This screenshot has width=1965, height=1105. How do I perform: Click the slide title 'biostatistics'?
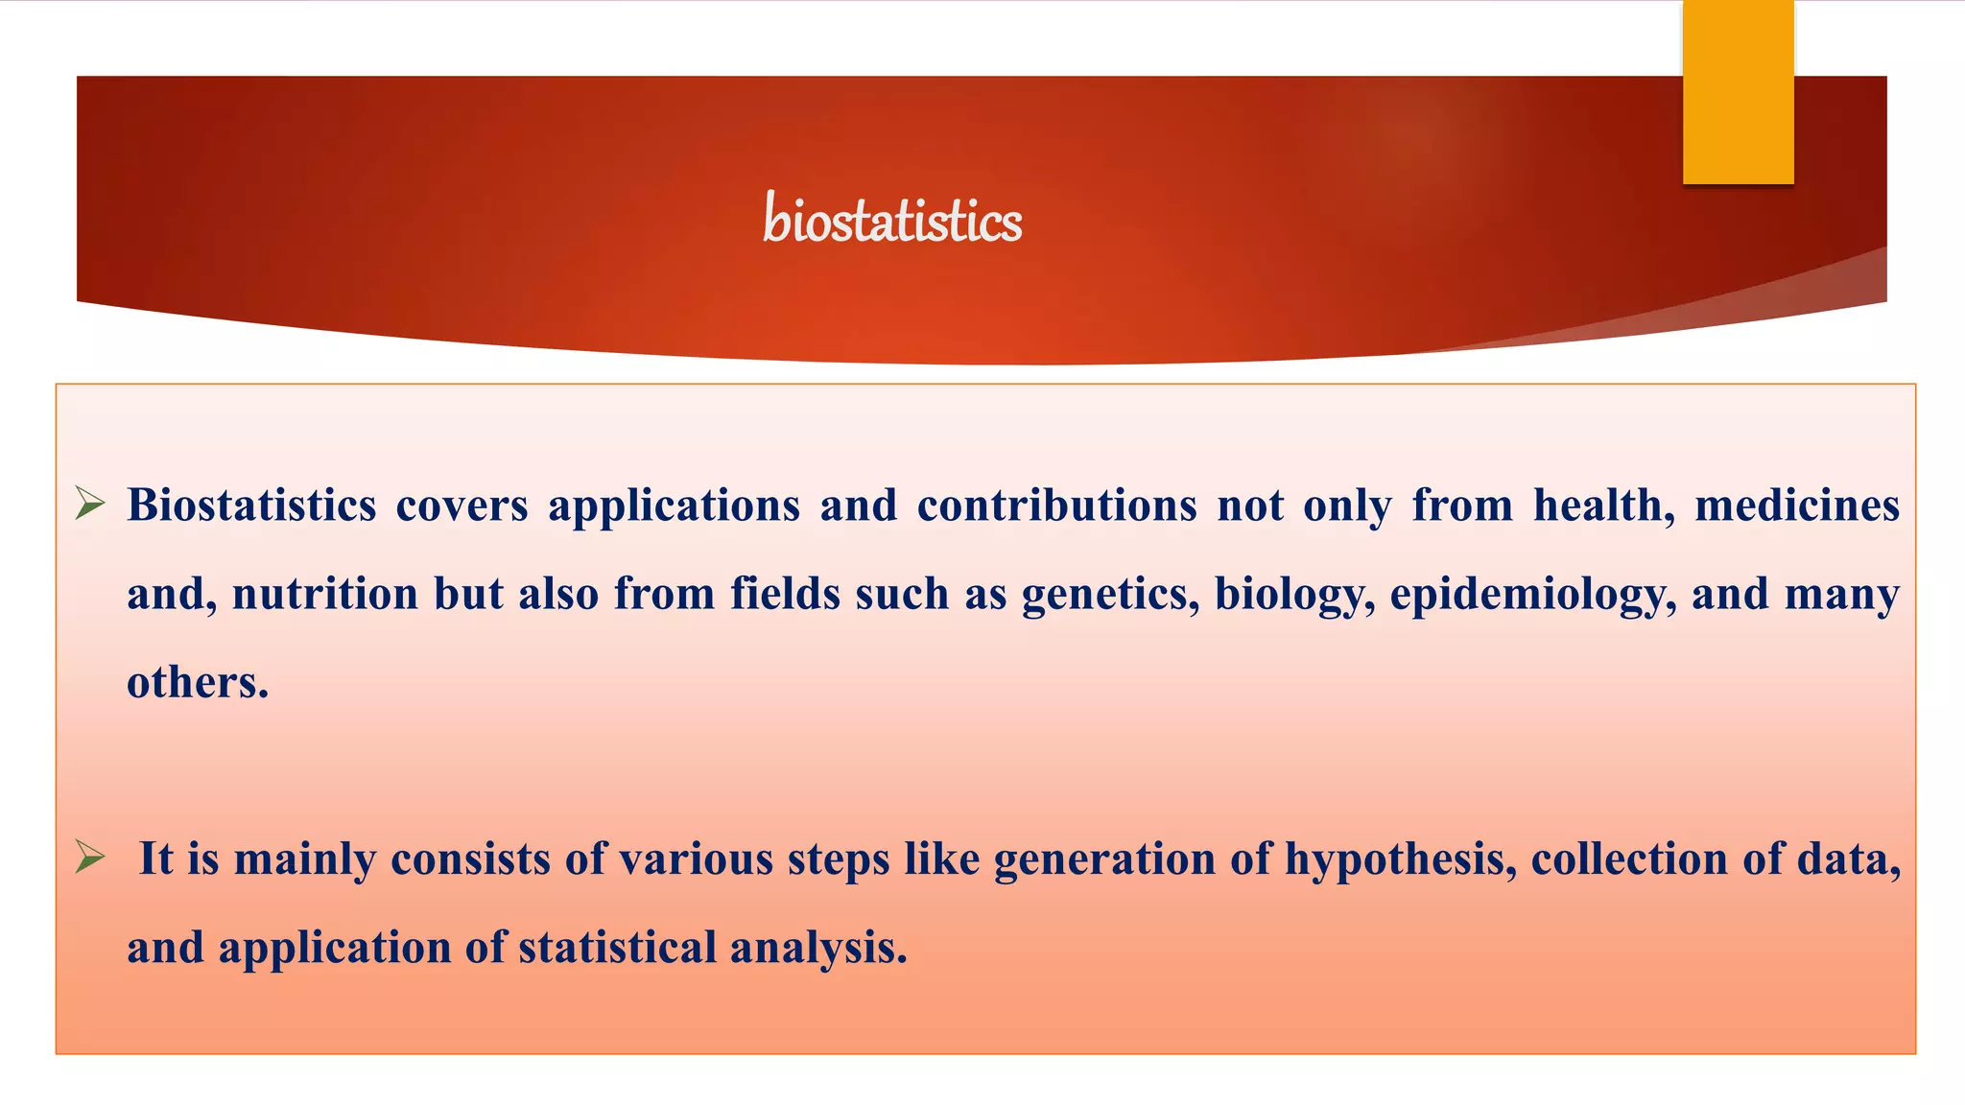point(892,220)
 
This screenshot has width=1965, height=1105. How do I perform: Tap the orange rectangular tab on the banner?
point(1738,92)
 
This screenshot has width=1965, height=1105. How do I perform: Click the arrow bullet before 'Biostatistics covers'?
point(90,503)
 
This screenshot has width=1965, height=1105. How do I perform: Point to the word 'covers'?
point(462,505)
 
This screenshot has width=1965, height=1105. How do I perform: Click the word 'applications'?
point(674,505)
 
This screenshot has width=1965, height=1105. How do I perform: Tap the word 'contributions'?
point(1056,505)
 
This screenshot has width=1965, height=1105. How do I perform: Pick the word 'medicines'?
point(1796,505)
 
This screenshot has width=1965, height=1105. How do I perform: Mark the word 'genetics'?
point(1109,594)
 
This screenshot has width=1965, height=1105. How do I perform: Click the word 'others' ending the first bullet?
point(195,682)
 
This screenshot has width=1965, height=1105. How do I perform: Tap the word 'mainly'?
point(304,858)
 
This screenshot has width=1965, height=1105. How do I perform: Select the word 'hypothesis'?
point(1400,858)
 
